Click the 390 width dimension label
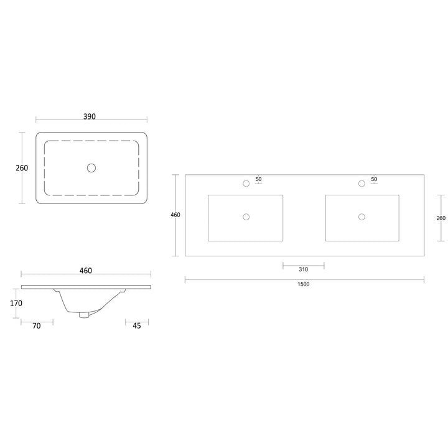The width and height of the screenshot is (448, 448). pos(90,116)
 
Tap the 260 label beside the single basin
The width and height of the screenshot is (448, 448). pos(22,168)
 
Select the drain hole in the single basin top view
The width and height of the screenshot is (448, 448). pos(91,168)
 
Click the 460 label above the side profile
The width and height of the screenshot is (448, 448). pos(86,270)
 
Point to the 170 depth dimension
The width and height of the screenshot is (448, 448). pos(16,303)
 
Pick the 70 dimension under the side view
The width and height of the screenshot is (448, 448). pos(37,325)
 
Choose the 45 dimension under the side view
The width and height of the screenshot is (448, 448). pos(137,325)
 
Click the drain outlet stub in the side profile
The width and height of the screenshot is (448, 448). pos(84,315)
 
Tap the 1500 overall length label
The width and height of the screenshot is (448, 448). pos(304,284)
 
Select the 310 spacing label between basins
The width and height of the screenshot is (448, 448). pos(304,269)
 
